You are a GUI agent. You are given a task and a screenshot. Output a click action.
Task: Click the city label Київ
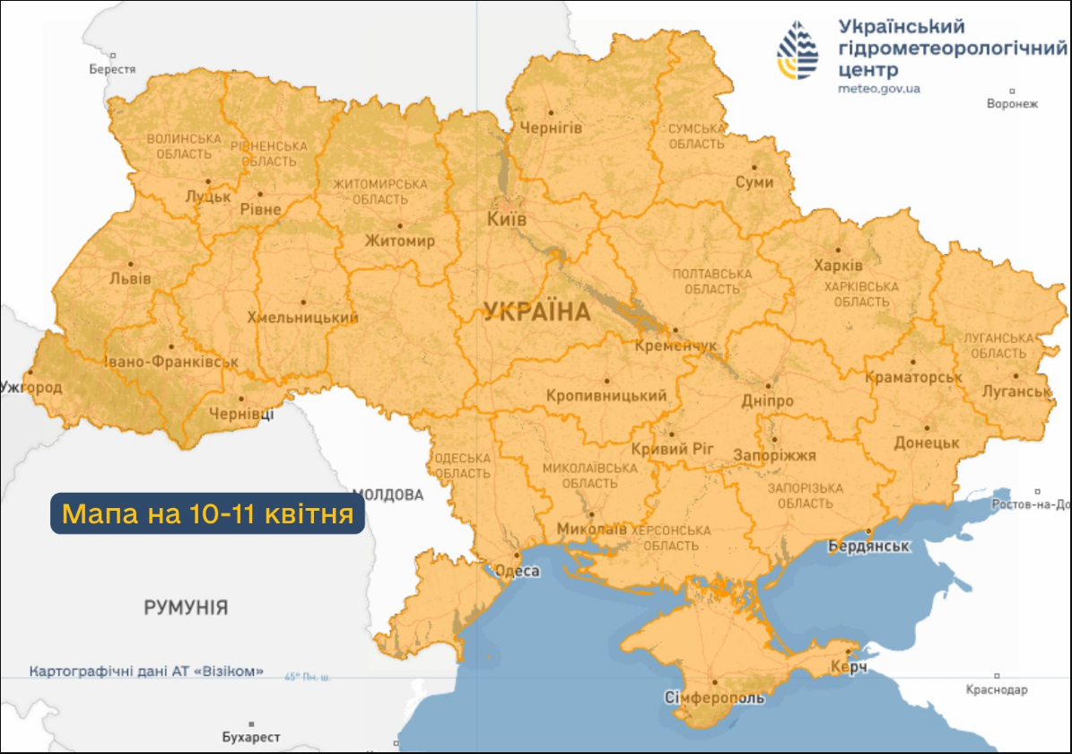click(x=506, y=220)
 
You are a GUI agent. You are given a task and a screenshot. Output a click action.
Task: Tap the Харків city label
click(x=838, y=267)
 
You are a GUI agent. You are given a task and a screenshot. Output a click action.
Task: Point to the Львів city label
click(x=130, y=278)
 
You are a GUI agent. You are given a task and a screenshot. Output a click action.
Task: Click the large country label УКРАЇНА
click(x=537, y=312)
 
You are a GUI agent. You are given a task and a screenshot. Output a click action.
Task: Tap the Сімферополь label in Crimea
click(x=714, y=698)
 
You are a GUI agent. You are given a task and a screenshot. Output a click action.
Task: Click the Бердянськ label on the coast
click(x=868, y=547)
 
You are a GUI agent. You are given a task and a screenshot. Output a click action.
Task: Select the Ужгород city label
click(x=31, y=388)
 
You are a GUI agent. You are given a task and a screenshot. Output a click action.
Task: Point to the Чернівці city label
click(x=240, y=414)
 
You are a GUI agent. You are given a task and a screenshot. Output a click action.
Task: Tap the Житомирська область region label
click(x=379, y=191)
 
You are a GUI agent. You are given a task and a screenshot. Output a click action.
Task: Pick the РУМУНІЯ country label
click(x=186, y=608)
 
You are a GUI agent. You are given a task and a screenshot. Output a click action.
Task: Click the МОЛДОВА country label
click(x=388, y=495)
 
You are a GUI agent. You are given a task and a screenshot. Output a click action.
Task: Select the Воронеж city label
click(x=1012, y=103)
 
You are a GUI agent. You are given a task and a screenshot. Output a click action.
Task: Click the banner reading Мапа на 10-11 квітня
click(x=207, y=514)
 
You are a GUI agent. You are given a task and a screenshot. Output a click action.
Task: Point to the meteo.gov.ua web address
click(x=878, y=89)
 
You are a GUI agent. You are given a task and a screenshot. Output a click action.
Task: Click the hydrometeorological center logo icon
click(x=798, y=51)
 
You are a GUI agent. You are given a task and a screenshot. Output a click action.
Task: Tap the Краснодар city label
click(x=997, y=689)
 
